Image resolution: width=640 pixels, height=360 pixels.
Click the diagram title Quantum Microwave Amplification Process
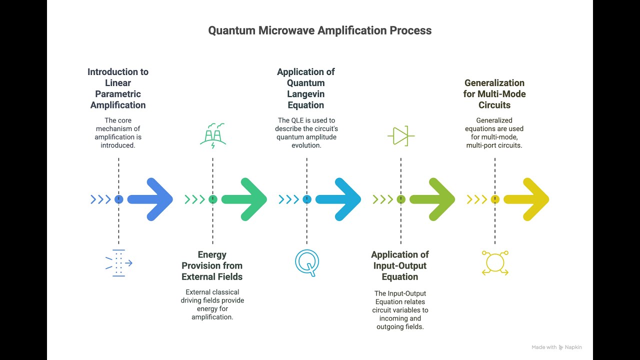click(x=320, y=30)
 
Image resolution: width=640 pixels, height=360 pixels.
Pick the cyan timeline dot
click(x=307, y=199)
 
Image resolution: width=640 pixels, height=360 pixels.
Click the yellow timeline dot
click(x=495, y=199)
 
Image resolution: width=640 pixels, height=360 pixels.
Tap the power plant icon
click(x=213, y=135)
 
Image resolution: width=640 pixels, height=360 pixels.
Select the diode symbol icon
click(x=400, y=135)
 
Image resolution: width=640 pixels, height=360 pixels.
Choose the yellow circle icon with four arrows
click(x=495, y=262)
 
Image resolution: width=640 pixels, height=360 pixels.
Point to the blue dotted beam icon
click(x=118, y=262)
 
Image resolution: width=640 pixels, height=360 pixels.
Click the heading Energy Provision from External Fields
click(x=212, y=265)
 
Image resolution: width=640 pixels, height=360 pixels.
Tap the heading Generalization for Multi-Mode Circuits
click(x=495, y=94)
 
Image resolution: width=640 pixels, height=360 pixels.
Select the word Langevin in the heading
click(x=306, y=94)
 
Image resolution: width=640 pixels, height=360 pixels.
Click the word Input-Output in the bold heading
click(x=400, y=265)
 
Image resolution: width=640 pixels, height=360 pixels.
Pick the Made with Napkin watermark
click(x=556, y=347)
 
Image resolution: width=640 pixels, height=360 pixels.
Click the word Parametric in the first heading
click(x=118, y=94)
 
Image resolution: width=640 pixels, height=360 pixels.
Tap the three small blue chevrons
click(x=100, y=199)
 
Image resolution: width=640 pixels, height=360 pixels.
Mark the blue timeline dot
click(x=118, y=199)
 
